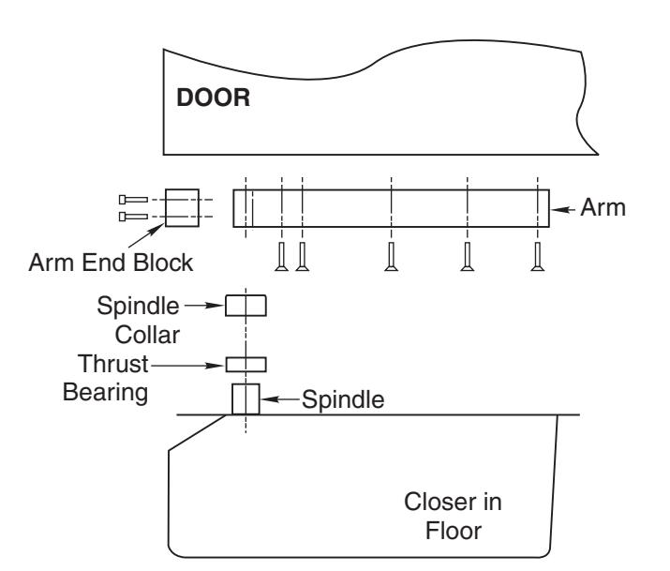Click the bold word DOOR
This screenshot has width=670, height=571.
214,98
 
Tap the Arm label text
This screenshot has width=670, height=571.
603,208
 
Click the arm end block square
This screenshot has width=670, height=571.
182,208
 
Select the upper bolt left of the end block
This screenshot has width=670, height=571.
133,200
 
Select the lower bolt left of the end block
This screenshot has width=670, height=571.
133,217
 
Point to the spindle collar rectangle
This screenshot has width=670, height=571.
246,306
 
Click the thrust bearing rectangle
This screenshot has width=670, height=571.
246,365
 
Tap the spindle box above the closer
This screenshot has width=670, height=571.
246,399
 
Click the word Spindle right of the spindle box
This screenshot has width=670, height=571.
343,400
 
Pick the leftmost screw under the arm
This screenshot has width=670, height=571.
281,257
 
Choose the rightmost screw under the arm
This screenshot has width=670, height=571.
538,257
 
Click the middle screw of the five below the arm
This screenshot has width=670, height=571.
391,257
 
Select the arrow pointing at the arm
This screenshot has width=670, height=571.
563,209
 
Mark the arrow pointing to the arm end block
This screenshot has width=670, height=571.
145,235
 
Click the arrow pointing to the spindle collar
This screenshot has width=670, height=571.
204,305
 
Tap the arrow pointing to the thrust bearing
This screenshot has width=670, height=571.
188,366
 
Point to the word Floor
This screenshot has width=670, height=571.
454,532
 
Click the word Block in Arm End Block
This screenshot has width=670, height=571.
163,263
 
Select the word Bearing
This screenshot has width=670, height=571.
105,393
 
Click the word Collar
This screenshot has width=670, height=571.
147,335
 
